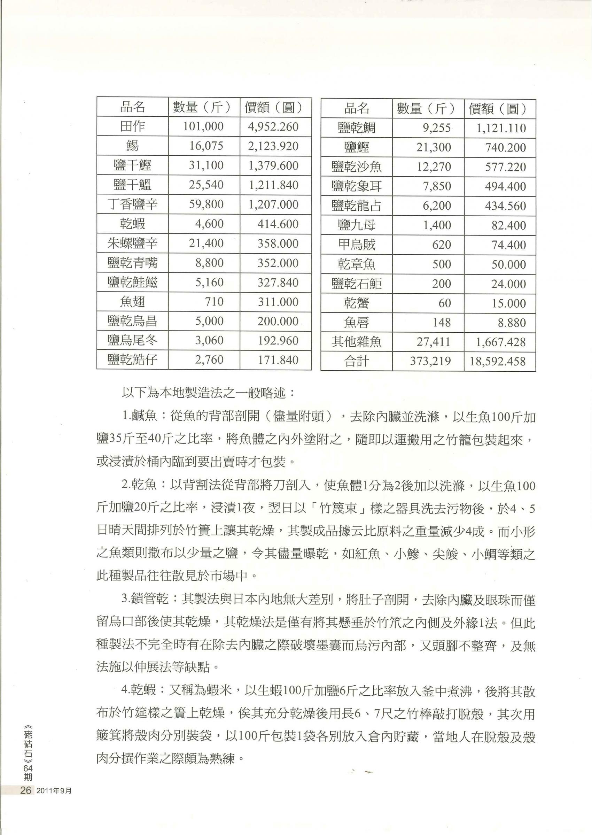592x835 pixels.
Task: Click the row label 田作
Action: click(132, 126)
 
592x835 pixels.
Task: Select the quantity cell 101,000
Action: click(203, 126)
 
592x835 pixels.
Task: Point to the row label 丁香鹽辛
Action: click(132, 204)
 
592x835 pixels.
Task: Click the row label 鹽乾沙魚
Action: click(356, 167)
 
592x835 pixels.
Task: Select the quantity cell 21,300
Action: click(434, 148)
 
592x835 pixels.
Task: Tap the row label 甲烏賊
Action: click(356, 245)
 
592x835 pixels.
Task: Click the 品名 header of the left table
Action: click(132, 107)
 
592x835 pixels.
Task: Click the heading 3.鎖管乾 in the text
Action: click(148, 600)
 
